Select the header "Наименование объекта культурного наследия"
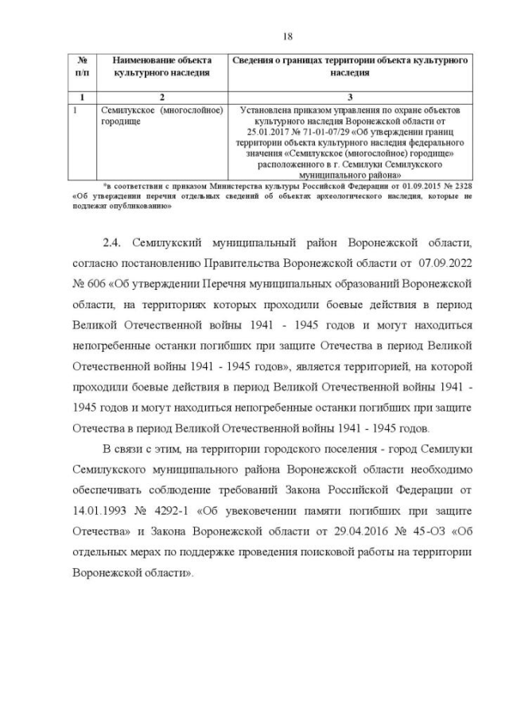(x=161, y=66)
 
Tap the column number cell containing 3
(x=349, y=95)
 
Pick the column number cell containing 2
(x=161, y=95)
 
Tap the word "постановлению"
(x=163, y=262)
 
